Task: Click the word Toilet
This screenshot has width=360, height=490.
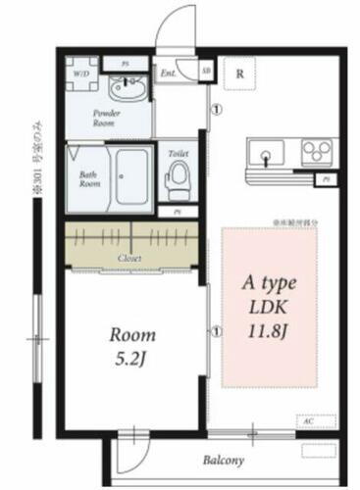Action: click(x=178, y=153)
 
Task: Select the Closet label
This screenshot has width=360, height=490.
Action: click(x=129, y=258)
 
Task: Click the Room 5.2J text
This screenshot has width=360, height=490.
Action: click(x=132, y=344)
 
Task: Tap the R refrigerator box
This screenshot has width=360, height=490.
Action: click(x=238, y=72)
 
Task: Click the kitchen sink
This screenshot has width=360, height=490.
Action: click(x=266, y=155)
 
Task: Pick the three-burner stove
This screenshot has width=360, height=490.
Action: click(x=316, y=153)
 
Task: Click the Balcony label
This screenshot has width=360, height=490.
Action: click(x=224, y=460)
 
